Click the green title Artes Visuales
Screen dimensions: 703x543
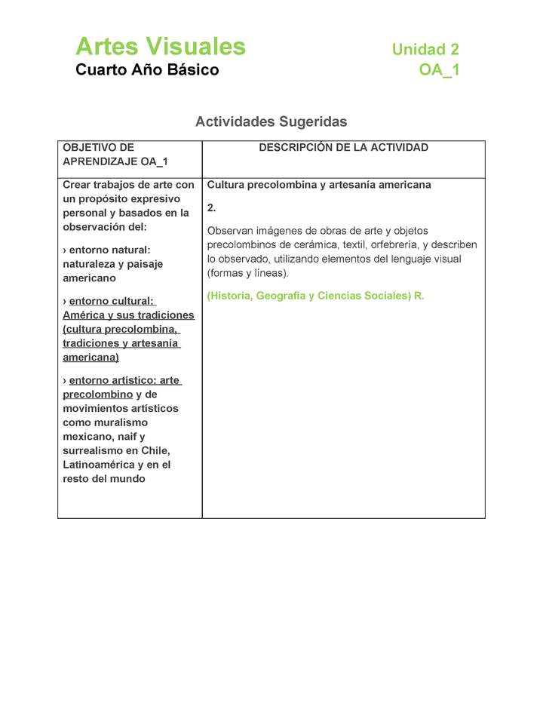pos(161,47)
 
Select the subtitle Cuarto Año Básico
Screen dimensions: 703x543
pos(147,70)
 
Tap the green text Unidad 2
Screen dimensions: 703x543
pos(425,50)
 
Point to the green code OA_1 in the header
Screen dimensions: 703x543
pos(439,71)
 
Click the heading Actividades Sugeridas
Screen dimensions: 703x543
pos(271,121)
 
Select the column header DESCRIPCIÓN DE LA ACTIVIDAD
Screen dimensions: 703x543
pos(343,148)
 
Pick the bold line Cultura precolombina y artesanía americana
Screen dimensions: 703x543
pos(319,185)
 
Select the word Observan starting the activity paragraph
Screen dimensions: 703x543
pos(230,231)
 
